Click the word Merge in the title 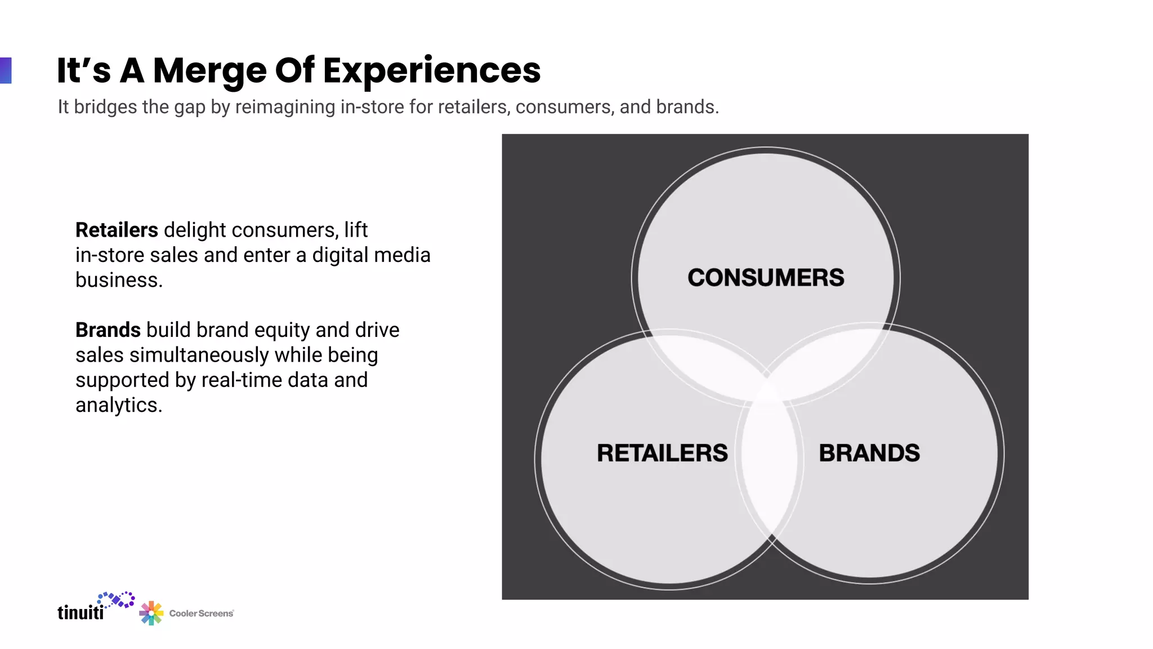[209, 71]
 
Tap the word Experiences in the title [431, 71]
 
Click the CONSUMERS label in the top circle [765, 278]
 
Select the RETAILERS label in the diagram [662, 453]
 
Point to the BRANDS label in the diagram [869, 453]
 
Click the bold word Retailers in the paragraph [117, 230]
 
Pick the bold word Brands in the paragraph [108, 330]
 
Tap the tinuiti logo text [81, 612]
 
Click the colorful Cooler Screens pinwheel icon [151, 613]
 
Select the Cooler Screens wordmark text [201, 614]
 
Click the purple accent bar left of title [6, 70]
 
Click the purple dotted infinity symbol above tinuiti [117, 599]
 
